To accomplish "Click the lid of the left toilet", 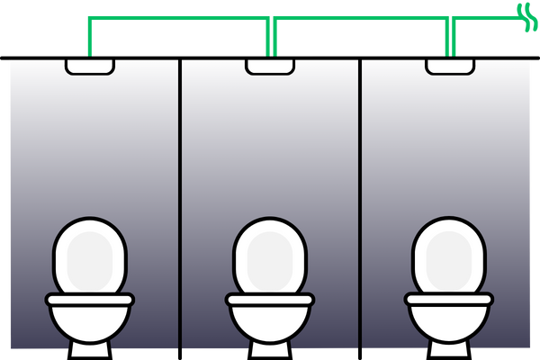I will pos(89,256).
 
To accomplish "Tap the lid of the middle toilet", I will pos(270,256).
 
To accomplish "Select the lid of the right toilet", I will pos(448,256).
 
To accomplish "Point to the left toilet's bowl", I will pos(89,320).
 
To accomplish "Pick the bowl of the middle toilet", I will pos(270,320).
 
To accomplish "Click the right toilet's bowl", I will pos(448,320).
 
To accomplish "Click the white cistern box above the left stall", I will pos(90,66).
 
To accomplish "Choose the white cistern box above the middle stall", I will pos(270,66).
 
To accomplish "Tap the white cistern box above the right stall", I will pos(450,66).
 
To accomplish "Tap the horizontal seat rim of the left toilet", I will pos(89,299).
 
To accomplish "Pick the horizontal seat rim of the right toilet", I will pos(448,298).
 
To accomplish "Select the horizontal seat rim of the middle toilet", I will pos(270,299).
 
